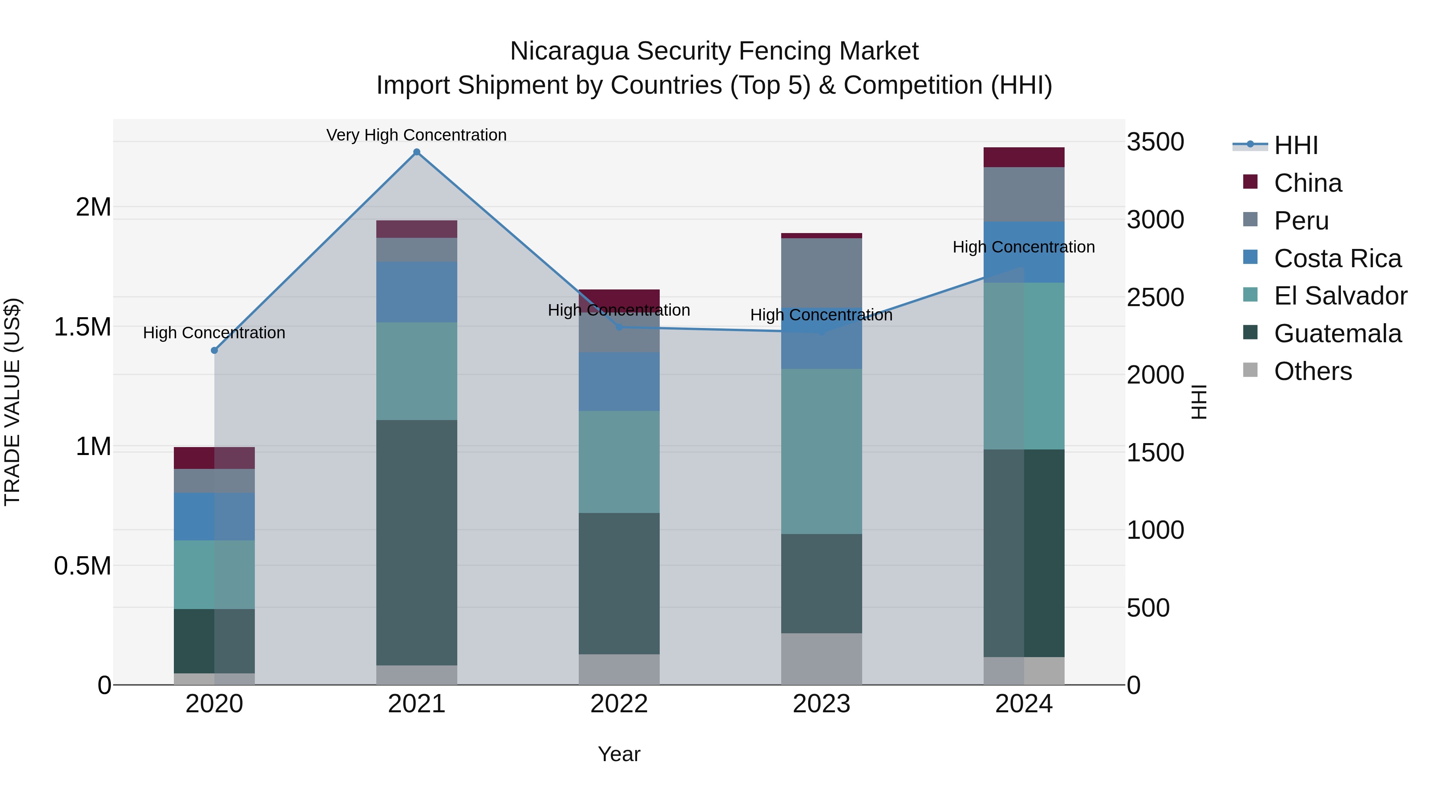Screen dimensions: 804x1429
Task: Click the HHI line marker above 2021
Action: click(x=417, y=152)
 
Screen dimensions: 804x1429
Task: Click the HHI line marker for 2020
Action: click(x=214, y=350)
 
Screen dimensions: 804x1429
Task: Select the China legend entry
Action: click(x=1308, y=183)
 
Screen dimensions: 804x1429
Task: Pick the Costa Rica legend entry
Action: click(x=1337, y=258)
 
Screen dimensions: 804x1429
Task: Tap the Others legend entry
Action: click(x=1313, y=371)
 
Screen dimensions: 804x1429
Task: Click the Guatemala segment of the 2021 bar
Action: click(x=417, y=542)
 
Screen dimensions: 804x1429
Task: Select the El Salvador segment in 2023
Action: click(x=821, y=451)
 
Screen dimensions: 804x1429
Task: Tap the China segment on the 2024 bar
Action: click(x=1023, y=157)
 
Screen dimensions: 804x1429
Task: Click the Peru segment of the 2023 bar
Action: click(x=821, y=272)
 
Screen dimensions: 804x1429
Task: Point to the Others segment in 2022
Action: click(x=619, y=669)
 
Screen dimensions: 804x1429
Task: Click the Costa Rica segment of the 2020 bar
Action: click(x=214, y=516)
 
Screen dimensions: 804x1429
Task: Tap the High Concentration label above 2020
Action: click(x=214, y=333)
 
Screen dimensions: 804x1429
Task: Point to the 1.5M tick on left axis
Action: click(x=82, y=327)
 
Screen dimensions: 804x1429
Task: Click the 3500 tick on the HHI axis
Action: click(x=1155, y=142)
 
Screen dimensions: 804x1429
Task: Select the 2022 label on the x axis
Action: click(x=619, y=704)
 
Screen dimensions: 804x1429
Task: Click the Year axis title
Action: click(x=619, y=754)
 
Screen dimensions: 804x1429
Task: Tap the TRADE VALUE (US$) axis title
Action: click(x=12, y=402)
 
